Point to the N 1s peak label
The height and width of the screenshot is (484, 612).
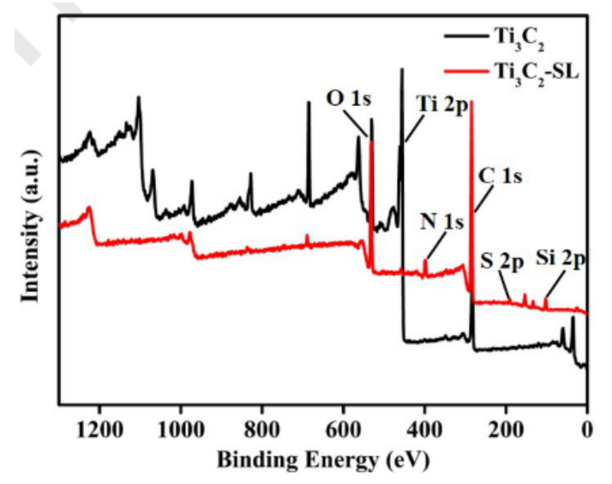(x=441, y=223)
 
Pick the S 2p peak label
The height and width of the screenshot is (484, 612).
(x=501, y=261)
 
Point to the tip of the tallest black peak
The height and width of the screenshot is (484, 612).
(x=401, y=69)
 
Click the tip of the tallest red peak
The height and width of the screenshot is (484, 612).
(x=471, y=101)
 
